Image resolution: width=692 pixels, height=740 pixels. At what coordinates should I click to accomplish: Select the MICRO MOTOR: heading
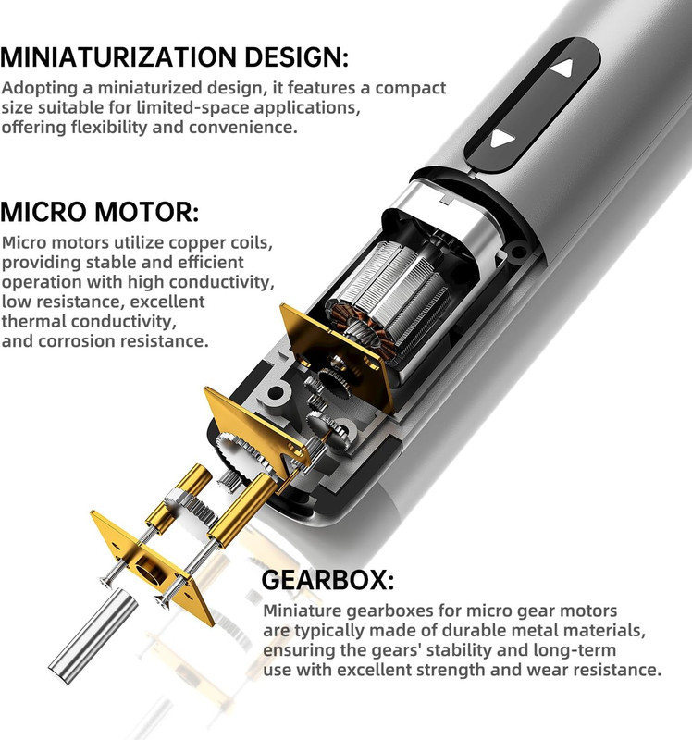[x=100, y=212]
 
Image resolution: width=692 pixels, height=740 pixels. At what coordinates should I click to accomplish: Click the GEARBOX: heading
[x=327, y=580]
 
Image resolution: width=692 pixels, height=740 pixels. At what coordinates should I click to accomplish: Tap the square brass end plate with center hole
[x=151, y=567]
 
